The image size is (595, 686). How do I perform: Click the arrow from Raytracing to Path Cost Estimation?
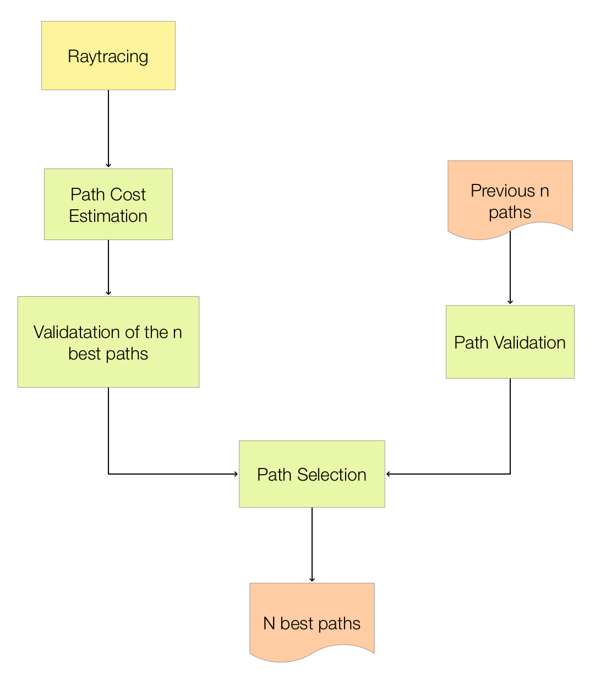[x=108, y=129]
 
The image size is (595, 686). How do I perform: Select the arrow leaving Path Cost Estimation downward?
[x=108, y=268]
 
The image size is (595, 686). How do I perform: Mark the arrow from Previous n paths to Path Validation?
[x=510, y=268]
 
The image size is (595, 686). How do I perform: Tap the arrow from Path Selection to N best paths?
[x=312, y=545]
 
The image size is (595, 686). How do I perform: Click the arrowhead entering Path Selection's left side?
[x=236, y=473]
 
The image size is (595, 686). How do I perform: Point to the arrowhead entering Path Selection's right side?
[x=389, y=473]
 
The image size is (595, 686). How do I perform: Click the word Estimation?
[x=108, y=216]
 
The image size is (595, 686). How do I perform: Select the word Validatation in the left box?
[x=77, y=332]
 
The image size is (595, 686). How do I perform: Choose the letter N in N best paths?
[x=269, y=623]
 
